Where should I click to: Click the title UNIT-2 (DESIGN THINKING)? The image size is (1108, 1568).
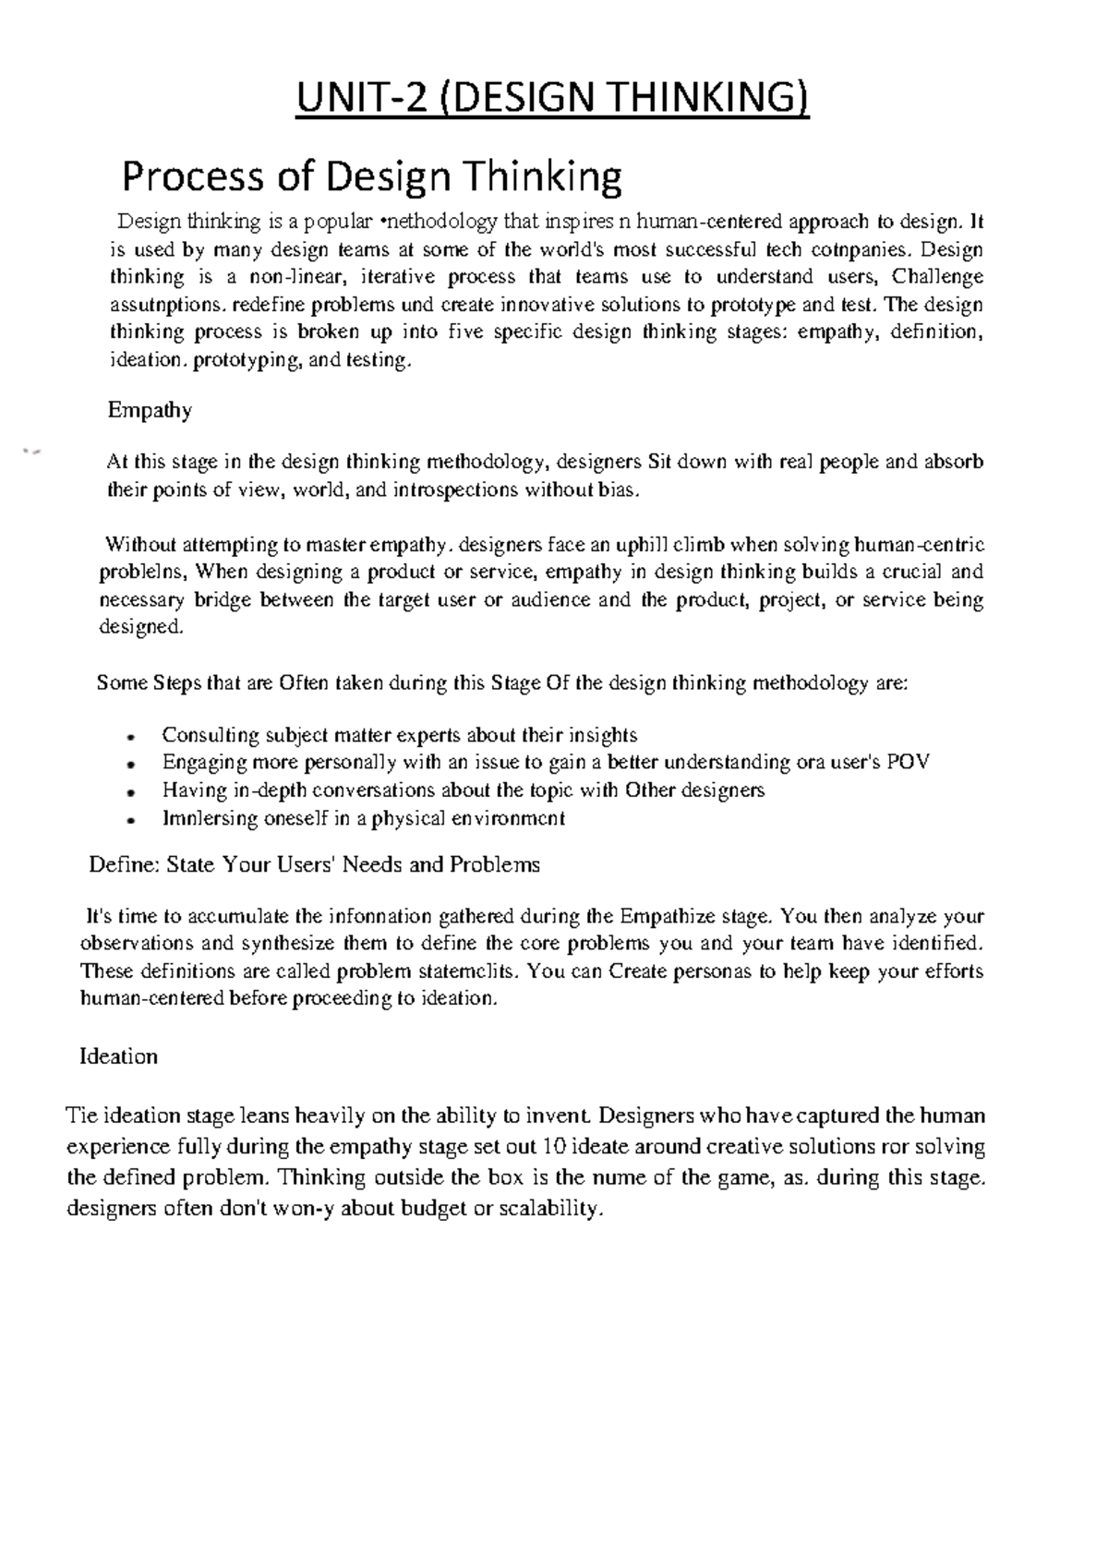pyautogui.click(x=551, y=99)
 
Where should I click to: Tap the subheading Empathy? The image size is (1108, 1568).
pyautogui.click(x=150, y=410)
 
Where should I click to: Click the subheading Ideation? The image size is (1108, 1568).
pyautogui.click(x=119, y=1056)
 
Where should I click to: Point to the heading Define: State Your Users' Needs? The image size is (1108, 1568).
pyautogui.click(x=314, y=865)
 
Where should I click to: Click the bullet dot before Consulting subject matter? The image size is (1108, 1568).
pyautogui.click(x=133, y=737)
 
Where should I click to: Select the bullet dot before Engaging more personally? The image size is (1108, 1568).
pyautogui.click(x=133, y=765)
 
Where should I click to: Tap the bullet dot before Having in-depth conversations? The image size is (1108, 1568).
pyautogui.click(x=133, y=792)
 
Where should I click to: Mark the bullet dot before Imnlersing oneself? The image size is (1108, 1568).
pyautogui.click(x=133, y=820)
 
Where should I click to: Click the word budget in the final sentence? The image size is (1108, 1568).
pyautogui.click(x=434, y=1210)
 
